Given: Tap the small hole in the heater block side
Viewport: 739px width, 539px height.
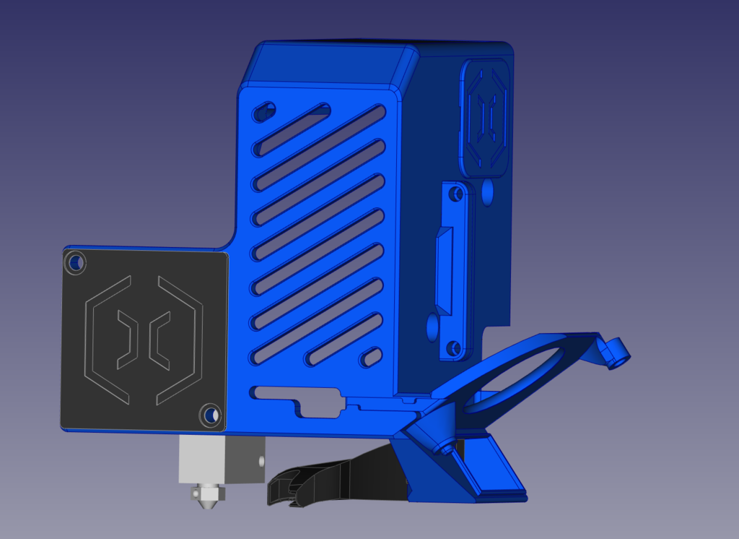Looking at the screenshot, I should pyautogui.click(x=257, y=459).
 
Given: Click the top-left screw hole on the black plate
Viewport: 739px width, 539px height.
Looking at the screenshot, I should pyautogui.click(x=74, y=262).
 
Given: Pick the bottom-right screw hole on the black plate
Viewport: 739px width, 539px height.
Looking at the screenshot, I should pyautogui.click(x=209, y=414).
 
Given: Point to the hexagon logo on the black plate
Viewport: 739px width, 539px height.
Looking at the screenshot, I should pyautogui.click(x=144, y=339).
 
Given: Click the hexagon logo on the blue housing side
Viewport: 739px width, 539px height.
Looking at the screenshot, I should pyautogui.click(x=488, y=116).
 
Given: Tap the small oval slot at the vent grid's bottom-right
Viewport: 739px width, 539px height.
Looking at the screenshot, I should pyautogui.click(x=372, y=356).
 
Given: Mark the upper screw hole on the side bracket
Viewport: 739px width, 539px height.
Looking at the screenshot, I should pyautogui.click(x=455, y=194).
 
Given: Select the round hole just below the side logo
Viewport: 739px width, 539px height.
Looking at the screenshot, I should pyautogui.click(x=488, y=191).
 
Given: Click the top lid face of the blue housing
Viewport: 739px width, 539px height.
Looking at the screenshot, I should pyautogui.click(x=332, y=65).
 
